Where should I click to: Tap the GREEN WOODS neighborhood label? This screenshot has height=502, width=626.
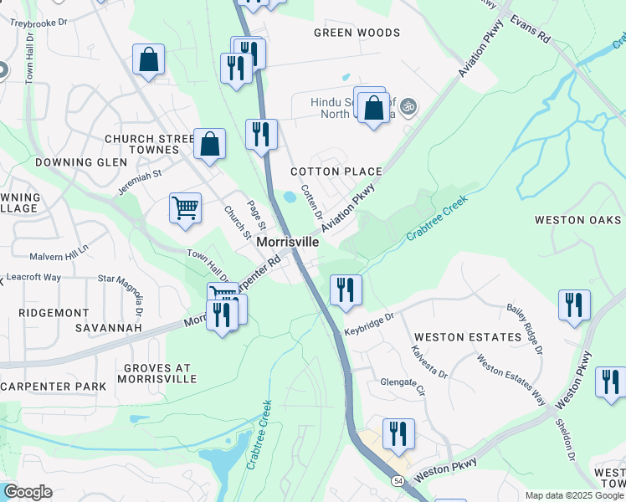click(357, 33)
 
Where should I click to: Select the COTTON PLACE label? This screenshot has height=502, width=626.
click(336, 172)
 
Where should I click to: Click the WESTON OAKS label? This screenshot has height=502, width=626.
click(578, 220)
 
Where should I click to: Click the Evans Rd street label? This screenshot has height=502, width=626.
click(530, 28)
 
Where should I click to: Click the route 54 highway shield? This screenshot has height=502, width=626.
click(398, 481)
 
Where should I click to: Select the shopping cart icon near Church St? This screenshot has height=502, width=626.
click(185, 206)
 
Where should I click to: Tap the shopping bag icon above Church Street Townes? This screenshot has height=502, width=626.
click(148, 59)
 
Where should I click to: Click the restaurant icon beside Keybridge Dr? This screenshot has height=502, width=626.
click(346, 289)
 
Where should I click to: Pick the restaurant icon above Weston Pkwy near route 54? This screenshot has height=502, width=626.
click(398, 433)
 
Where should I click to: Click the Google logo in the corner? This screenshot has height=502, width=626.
click(27, 492)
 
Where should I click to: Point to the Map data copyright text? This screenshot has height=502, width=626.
click(574, 495)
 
